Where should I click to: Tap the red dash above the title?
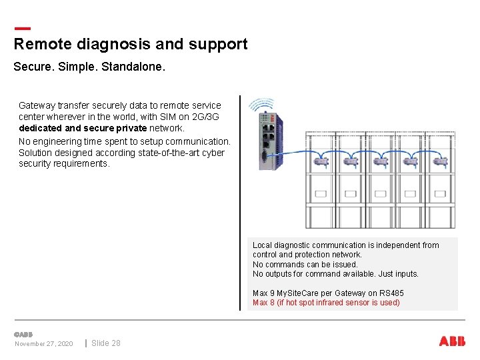(22, 29)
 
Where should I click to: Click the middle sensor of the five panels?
(380, 161)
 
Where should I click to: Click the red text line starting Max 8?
(326, 303)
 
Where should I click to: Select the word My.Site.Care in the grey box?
(300, 293)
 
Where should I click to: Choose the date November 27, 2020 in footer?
(44, 344)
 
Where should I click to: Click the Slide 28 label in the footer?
(106, 343)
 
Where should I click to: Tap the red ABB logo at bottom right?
(452, 341)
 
